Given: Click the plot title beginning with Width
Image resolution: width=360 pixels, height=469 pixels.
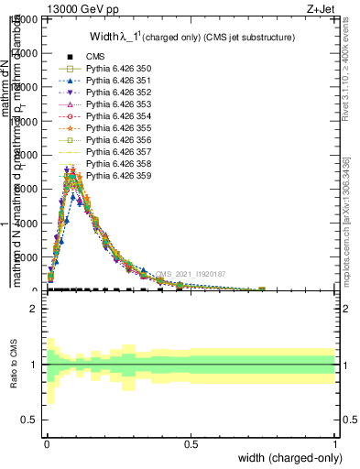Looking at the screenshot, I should click(x=192, y=37).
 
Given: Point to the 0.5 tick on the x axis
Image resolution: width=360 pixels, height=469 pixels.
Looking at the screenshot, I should click(x=191, y=443).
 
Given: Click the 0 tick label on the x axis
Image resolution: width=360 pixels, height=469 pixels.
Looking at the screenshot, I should click(x=46, y=443).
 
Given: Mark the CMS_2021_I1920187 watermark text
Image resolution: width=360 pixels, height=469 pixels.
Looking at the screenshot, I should click(x=190, y=274).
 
